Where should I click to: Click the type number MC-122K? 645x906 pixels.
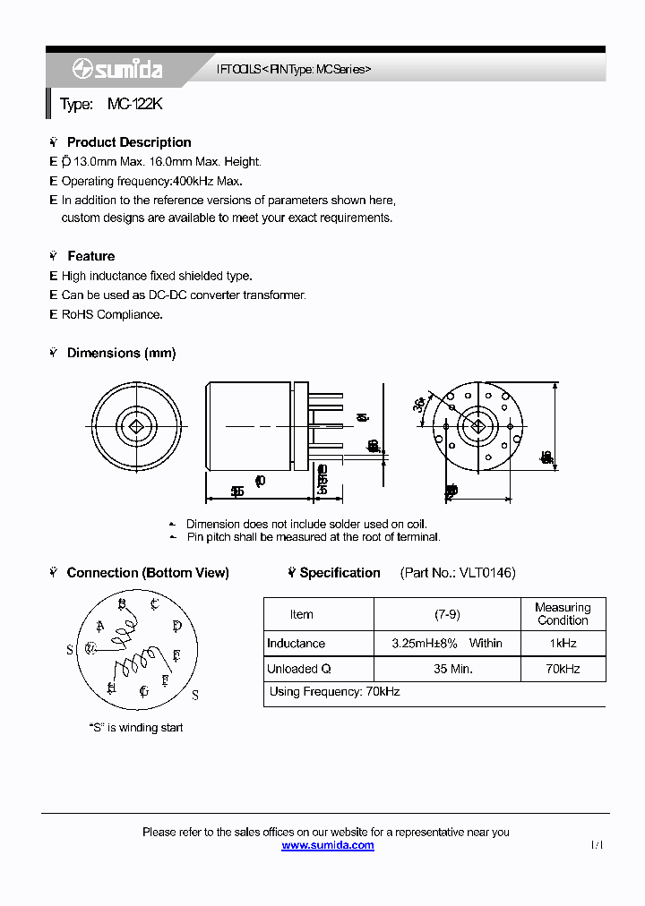tap(134, 105)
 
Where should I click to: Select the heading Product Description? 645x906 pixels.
tap(129, 142)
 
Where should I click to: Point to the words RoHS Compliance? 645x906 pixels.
tap(112, 314)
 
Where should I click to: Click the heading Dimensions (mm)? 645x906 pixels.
tap(121, 354)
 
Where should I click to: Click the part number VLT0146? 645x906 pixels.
tap(486, 573)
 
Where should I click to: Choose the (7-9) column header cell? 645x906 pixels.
tap(447, 614)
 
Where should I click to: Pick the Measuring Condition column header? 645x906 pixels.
tap(563, 614)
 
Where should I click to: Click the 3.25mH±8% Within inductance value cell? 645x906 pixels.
tap(447, 644)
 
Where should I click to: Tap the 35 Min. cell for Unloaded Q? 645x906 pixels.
tap(447, 669)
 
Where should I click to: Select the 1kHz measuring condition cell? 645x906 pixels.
tap(563, 644)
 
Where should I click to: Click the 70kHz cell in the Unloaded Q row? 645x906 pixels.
tap(563, 669)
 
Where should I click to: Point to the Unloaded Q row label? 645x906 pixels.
tap(299, 669)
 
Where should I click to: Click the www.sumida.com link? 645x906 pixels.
tap(328, 845)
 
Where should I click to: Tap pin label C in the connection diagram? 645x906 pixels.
tap(155, 604)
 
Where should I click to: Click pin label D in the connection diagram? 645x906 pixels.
tap(177, 626)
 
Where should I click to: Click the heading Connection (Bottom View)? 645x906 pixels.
tap(148, 573)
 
